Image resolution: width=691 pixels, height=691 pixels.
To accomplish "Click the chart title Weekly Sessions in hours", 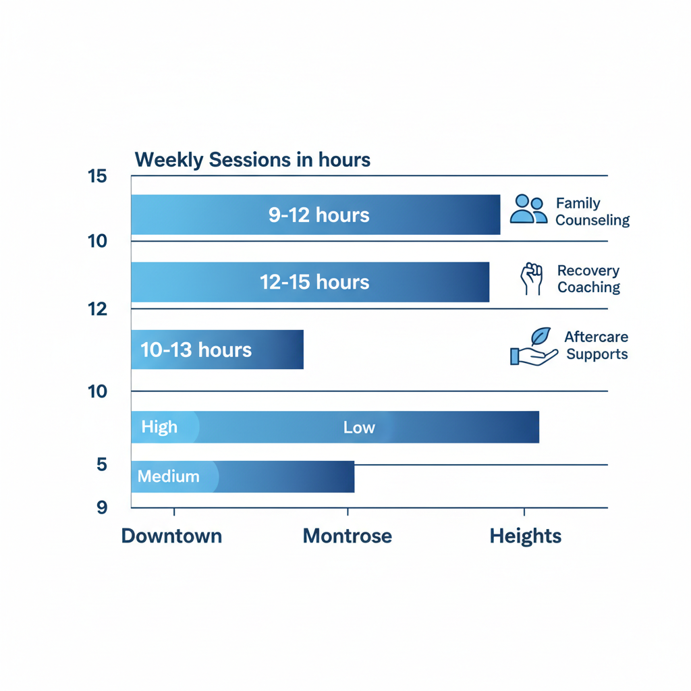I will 252,160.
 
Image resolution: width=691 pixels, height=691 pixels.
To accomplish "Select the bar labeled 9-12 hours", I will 315,215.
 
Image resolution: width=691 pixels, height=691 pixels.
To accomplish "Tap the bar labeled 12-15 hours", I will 310,281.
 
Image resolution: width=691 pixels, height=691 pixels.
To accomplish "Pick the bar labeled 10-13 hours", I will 217,350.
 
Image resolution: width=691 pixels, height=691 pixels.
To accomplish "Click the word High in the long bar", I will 159,427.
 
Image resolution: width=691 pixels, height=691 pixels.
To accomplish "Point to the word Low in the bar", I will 359,427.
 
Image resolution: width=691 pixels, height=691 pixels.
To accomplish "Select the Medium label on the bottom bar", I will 169,476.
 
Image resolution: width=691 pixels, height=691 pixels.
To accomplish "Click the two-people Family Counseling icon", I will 528,209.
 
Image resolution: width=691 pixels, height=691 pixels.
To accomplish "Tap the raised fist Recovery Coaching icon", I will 532,279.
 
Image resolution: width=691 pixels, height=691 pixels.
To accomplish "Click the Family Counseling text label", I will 592,212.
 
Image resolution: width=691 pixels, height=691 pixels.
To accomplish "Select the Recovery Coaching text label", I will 588,279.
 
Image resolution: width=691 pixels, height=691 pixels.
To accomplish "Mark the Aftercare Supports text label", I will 597,345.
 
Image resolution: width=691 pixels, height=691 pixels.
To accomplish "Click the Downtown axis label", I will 171,536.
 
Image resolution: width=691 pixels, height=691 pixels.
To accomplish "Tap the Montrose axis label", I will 347,536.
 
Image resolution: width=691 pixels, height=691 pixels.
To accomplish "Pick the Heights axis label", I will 525,536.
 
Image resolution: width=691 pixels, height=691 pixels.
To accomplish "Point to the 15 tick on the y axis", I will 98,176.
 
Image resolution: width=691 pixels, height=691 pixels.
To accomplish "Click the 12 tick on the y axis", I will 98,308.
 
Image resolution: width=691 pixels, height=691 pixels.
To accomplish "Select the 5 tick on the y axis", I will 101,464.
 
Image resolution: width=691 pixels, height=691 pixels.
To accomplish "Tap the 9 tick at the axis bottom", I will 101,507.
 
